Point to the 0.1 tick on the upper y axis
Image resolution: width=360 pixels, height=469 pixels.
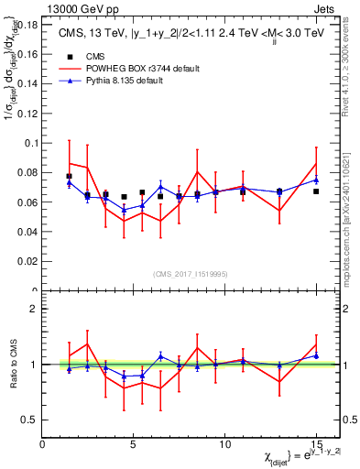pyautogui.click(x=31, y=143)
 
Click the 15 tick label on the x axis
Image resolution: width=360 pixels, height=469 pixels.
pyautogui.click(x=316, y=443)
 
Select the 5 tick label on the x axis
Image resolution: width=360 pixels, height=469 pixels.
pyautogui.click(x=134, y=443)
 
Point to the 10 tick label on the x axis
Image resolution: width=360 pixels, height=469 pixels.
pyautogui.click(x=225, y=443)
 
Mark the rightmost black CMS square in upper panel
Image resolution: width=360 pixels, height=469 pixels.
pyautogui.click(x=316, y=191)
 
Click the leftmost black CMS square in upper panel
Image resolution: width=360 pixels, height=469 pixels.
pyautogui.click(x=70, y=176)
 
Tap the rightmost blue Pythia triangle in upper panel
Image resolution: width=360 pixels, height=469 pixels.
pyautogui.click(x=316, y=180)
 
